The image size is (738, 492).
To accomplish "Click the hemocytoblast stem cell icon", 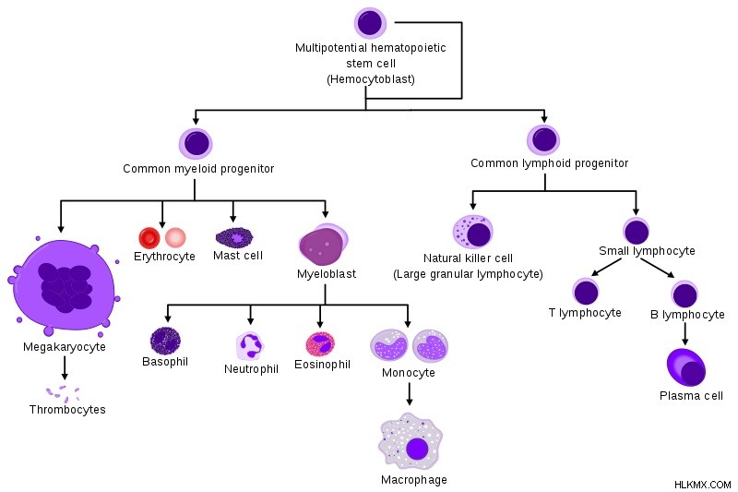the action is (370, 22).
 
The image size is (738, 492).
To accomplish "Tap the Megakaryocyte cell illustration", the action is (64, 286).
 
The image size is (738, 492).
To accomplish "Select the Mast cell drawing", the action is (234, 237).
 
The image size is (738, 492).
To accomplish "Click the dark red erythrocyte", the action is (149, 238).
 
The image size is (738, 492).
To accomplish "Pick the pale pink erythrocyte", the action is (175, 238).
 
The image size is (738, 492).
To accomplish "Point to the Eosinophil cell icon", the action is (320, 344).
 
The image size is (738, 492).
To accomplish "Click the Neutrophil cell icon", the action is (249, 346).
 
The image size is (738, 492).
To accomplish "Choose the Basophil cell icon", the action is (165, 341).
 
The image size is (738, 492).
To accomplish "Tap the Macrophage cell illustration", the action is (411, 442).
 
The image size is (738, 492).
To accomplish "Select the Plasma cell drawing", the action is (685, 367).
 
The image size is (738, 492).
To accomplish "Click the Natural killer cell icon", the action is (472, 232).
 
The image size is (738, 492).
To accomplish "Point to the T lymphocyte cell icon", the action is (586, 292).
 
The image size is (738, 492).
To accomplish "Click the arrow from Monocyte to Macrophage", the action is (409, 393).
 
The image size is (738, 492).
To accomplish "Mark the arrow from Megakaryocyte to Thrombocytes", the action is (65, 367).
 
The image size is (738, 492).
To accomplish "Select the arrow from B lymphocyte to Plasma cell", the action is (684, 334).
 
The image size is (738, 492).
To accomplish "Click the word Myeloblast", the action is (327, 273).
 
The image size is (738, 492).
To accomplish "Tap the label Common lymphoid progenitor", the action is (549, 163).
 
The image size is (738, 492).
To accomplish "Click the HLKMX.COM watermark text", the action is (702, 485).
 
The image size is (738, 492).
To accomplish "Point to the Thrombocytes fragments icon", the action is (63, 393).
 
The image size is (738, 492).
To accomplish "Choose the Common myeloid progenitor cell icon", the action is (196, 144).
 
